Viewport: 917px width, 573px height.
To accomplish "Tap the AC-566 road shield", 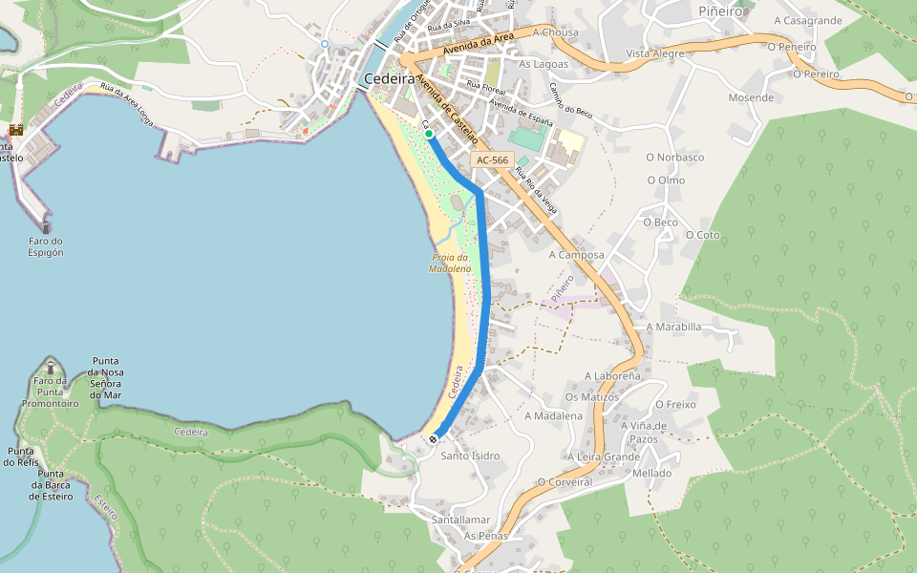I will click(492, 160).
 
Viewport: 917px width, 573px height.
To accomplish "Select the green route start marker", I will click(429, 135).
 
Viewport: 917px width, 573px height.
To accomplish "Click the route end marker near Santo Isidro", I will click(435, 438).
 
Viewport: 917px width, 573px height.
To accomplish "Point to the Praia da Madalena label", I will click(450, 263).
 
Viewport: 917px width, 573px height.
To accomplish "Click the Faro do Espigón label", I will click(45, 246).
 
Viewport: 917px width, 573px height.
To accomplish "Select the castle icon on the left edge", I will click(16, 129).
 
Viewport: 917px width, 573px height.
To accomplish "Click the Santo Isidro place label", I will click(470, 456).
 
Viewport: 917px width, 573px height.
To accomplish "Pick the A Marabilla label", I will click(673, 327).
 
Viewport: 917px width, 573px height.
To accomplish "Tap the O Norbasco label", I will click(674, 157).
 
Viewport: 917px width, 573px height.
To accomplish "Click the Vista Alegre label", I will click(654, 53).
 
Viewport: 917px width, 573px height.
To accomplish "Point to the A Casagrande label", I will click(808, 20).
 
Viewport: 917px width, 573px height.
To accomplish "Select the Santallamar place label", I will click(460, 520).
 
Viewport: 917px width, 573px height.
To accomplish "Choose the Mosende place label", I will click(751, 97).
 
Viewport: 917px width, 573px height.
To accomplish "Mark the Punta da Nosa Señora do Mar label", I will click(105, 377).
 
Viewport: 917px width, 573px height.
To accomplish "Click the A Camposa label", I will click(576, 255).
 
